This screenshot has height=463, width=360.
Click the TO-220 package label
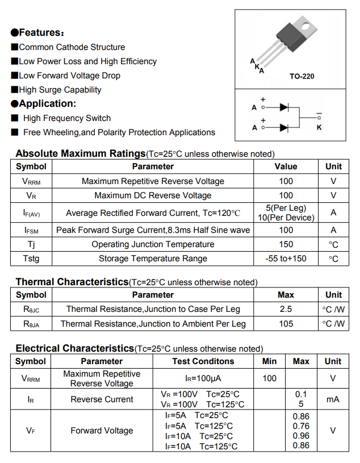[302, 76]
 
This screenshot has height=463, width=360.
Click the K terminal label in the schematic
[319, 127]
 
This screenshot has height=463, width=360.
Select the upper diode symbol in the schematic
[285, 107]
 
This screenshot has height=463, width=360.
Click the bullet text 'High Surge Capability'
[60, 90]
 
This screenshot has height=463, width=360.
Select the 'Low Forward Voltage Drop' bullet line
[69, 76]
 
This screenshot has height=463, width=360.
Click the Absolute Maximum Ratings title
[81, 153]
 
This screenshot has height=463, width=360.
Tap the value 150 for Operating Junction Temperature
[286, 244]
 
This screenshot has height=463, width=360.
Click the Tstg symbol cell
[32, 258]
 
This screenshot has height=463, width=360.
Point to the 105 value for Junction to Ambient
[286, 324]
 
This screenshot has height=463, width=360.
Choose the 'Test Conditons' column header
[203, 361]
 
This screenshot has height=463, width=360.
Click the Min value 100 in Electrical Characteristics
[270, 378]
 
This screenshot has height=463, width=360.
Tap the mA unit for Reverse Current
[333, 399]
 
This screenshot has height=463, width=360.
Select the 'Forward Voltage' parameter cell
[102, 431]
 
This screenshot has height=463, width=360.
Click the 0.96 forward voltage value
[301, 436]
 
